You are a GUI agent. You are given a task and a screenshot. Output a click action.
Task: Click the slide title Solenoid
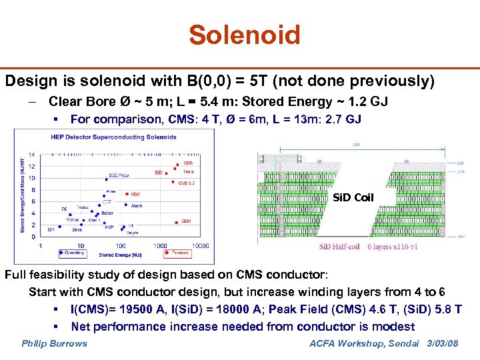tap(244, 35)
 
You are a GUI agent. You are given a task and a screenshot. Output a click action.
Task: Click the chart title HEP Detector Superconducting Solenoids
tap(113, 137)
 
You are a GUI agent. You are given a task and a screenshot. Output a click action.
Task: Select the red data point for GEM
tap(175, 221)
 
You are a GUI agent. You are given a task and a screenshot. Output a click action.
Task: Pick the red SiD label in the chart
tap(158, 172)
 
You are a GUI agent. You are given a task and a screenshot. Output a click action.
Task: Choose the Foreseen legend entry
tap(177, 253)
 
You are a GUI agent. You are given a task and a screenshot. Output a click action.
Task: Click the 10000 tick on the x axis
tap(199, 245)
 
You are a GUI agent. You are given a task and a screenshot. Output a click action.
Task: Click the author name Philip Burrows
tap(54, 343)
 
